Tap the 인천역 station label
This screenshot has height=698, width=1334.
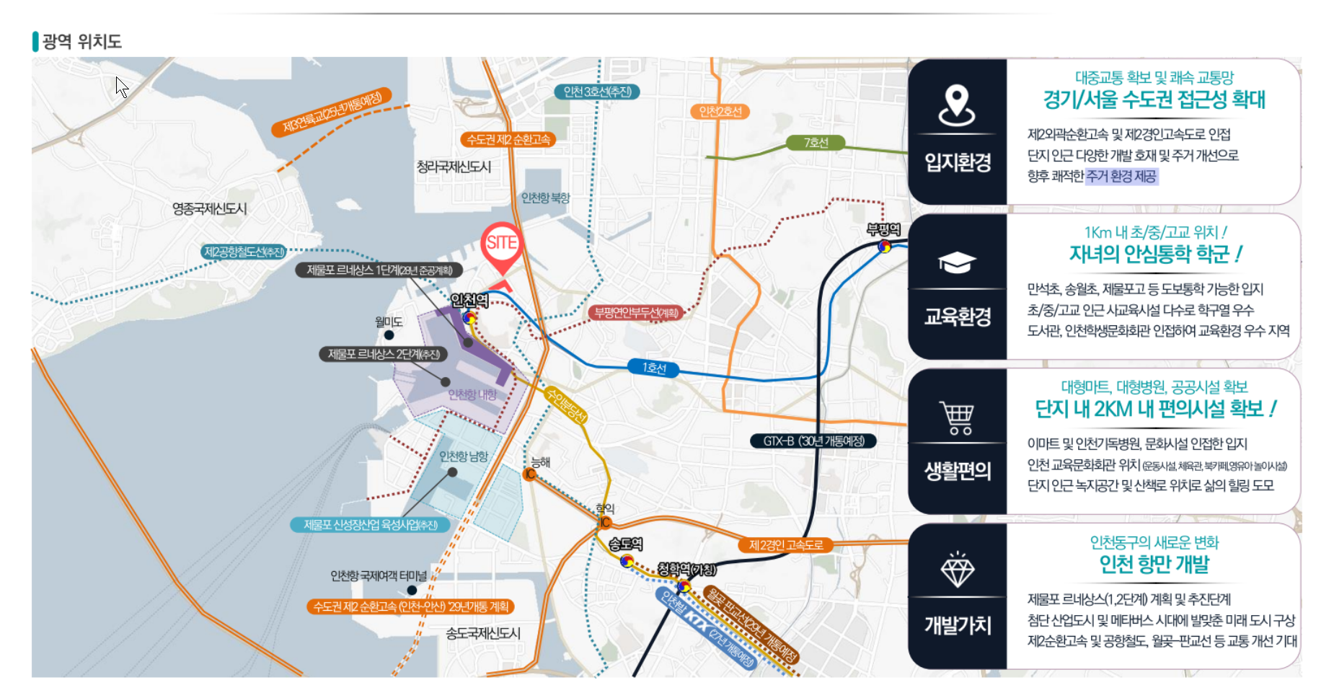click(469, 300)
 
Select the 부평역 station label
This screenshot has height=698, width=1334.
click(883, 229)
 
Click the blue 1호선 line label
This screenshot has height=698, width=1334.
click(654, 368)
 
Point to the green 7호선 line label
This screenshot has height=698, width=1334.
click(816, 143)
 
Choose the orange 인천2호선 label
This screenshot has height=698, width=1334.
click(720, 111)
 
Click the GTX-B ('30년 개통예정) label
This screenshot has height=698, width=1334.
click(813, 441)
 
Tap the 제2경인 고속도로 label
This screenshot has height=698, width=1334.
click(785, 544)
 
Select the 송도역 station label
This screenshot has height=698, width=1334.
click(625, 544)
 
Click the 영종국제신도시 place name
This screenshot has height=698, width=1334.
click(209, 209)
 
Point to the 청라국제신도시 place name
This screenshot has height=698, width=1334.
click(454, 167)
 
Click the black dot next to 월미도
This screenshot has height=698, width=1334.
click(389, 335)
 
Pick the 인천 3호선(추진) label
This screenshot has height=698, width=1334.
click(597, 92)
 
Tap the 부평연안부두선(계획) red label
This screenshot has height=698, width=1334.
click(636, 312)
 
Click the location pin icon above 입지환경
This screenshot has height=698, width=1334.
click(957, 105)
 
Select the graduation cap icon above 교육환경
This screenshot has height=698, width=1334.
click(957, 262)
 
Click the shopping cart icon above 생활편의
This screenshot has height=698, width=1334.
click(957, 418)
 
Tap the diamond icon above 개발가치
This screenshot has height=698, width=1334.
click(957, 570)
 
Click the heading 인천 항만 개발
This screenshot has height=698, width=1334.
click(1154, 564)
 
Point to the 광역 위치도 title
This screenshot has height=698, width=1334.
click(81, 42)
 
